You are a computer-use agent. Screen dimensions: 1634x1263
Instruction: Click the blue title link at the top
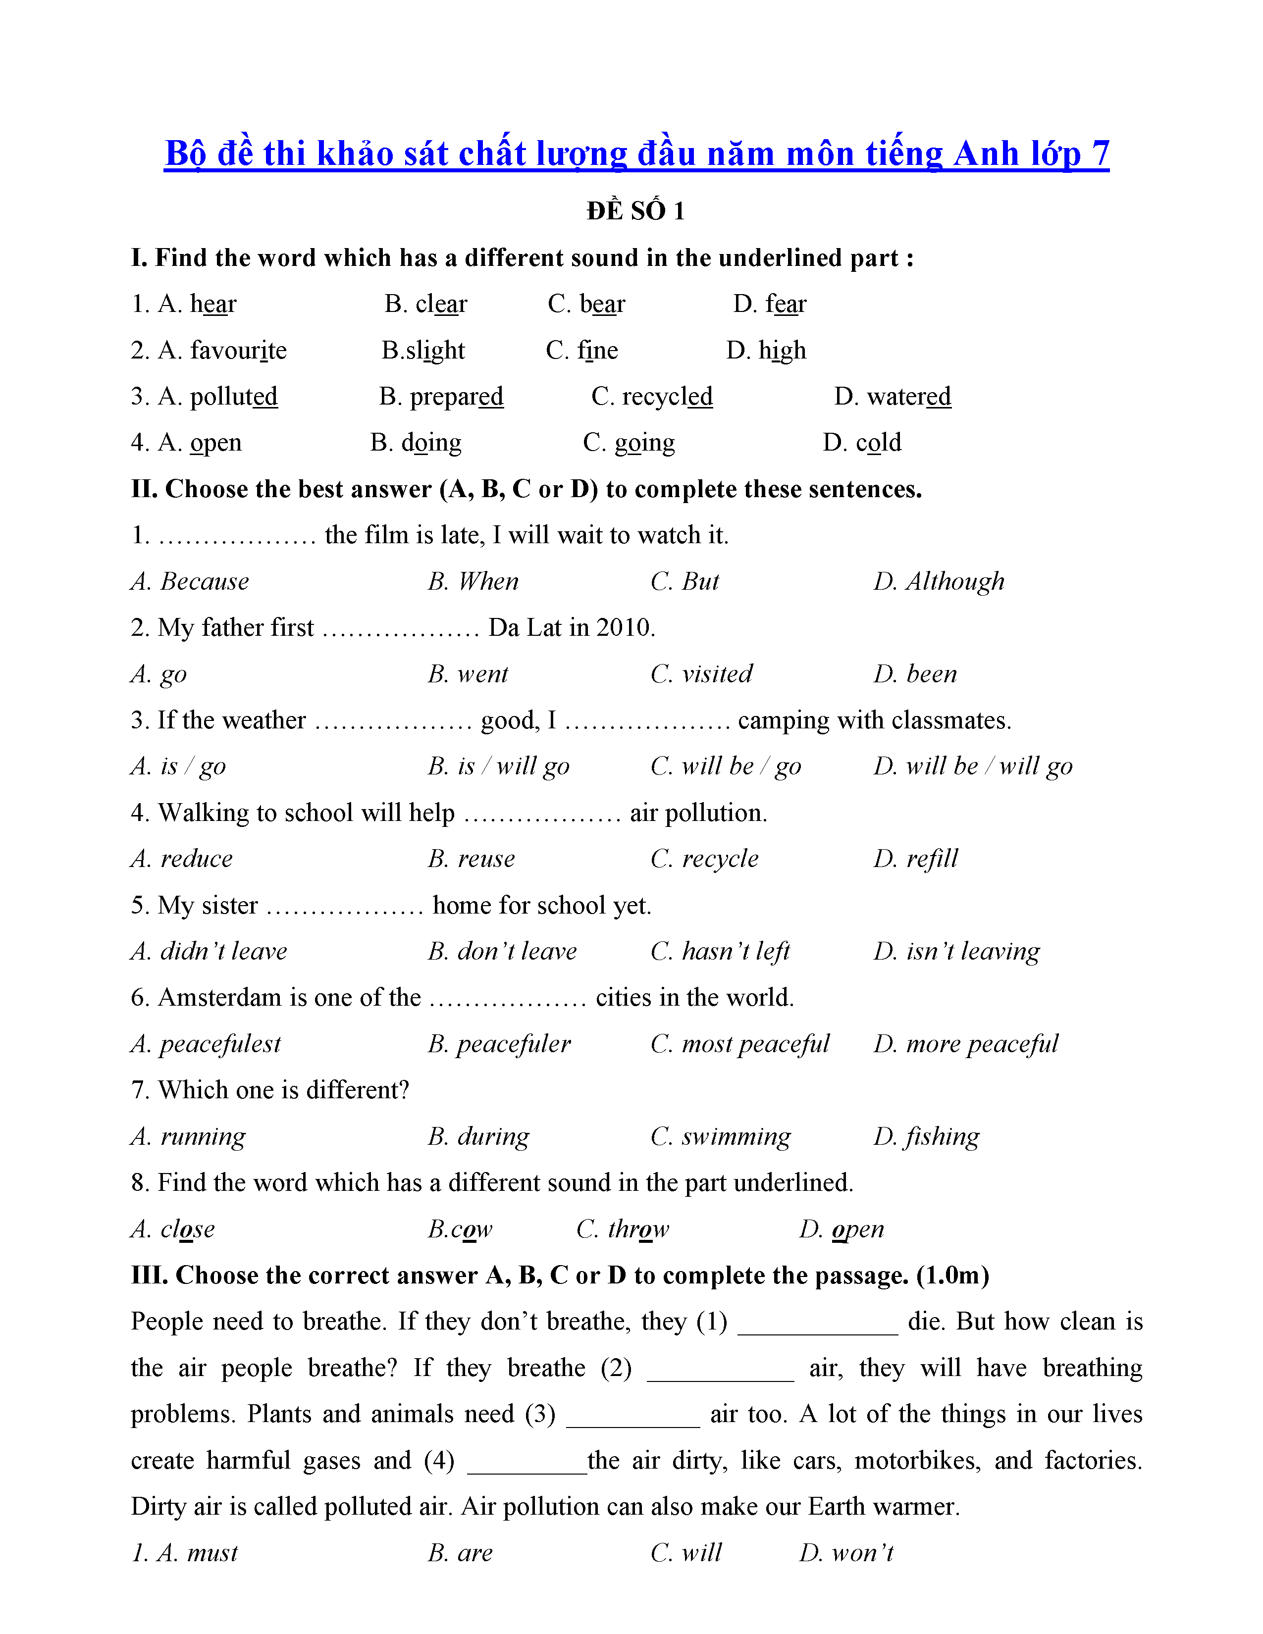[x=636, y=154]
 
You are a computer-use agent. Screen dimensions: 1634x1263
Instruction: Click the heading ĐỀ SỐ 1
[x=635, y=212]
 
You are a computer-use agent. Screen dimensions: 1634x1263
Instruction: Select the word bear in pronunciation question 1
[x=602, y=305]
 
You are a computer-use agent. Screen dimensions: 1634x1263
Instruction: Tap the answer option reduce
[x=196, y=859]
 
